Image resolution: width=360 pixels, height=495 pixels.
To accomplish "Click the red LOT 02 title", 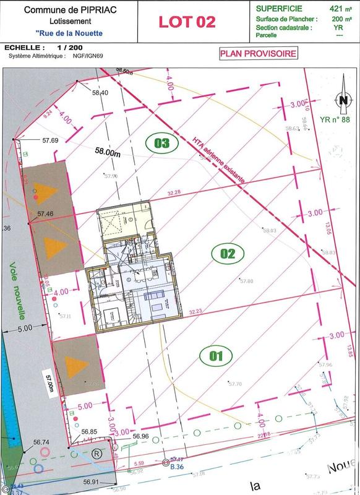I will (x=187, y=22).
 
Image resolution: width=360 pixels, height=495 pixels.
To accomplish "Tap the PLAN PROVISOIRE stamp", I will (x=259, y=53).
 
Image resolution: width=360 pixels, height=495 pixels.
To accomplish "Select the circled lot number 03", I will (x=162, y=144).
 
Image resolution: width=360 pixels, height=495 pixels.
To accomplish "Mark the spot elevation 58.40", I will (x=100, y=92).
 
